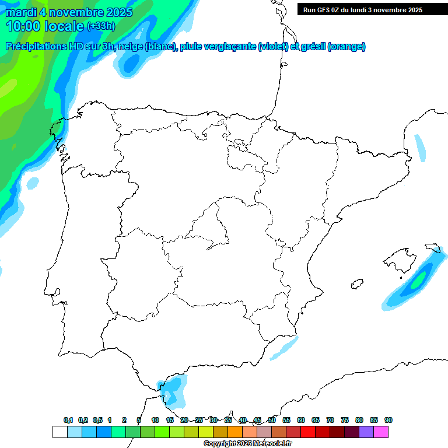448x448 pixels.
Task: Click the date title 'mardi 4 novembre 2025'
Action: point(69,12)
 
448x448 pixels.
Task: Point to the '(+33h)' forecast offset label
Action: point(101,26)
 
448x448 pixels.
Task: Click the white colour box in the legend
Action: point(60,432)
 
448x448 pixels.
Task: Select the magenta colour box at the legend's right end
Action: point(381,432)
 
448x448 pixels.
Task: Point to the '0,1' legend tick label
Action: point(68,420)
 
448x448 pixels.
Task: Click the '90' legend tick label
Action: point(388,420)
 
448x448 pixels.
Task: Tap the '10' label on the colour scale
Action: point(155,420)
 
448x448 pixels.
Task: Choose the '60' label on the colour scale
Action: point(301,420)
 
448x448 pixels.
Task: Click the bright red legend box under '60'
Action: point(308,432)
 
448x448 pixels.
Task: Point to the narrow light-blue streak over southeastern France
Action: point(420,148)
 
